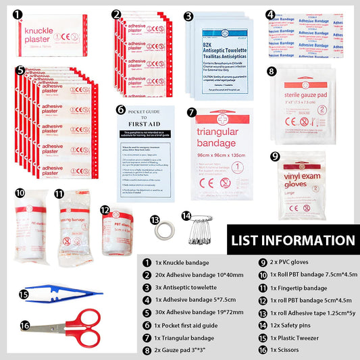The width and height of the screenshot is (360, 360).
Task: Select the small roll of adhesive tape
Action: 163,229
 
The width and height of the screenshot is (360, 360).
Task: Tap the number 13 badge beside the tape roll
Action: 155,219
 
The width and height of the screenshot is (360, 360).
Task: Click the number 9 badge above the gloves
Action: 275,156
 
